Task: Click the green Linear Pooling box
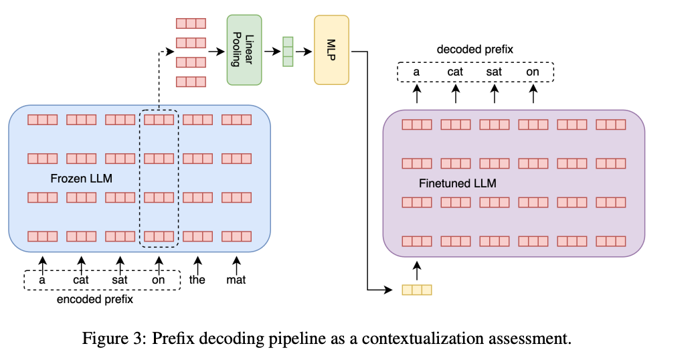(244, 50)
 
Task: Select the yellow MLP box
(331, 50)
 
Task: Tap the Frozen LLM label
(82, 179)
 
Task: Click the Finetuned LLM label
(458, 183)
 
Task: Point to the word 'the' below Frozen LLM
(197, 280)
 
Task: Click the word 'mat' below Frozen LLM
(236, 280)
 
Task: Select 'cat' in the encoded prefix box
(81, 280)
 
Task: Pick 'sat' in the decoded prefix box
(494, 72)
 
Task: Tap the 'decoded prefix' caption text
(475, 50)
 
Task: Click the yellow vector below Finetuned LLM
(417, 290)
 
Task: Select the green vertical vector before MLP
(288, 52)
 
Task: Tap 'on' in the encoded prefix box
(158, 280)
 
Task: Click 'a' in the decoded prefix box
(417, 72)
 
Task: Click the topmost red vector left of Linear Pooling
(191, 23)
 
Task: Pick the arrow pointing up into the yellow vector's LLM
(417, 270)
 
